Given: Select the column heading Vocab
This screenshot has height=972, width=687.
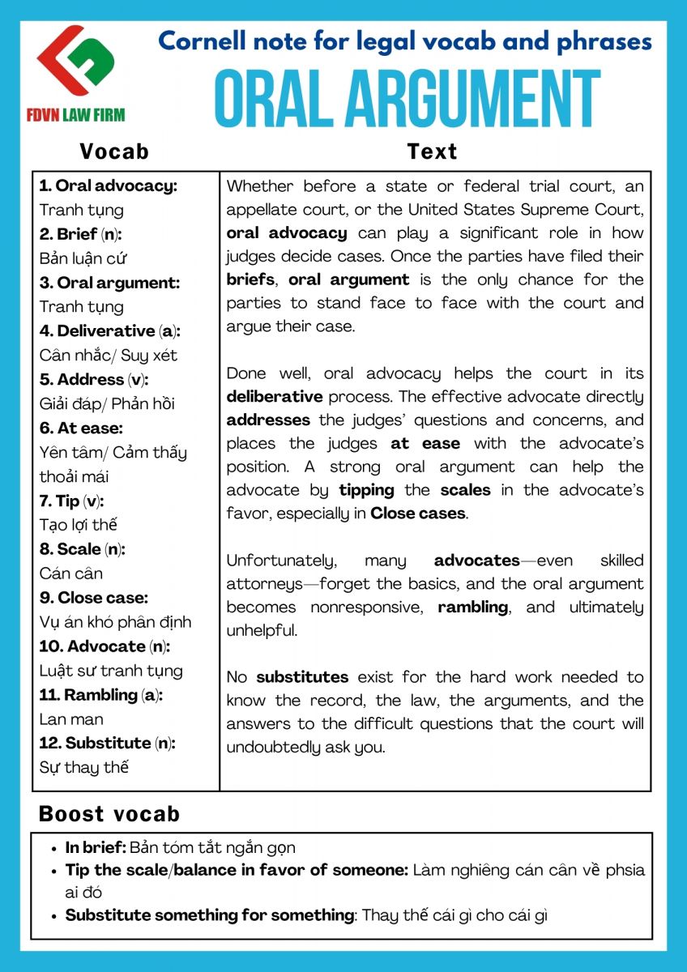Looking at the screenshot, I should pos(114,151).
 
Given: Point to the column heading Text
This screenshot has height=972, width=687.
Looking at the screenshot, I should pos(432,151).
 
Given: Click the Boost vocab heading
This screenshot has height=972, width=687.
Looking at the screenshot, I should pos(109,814).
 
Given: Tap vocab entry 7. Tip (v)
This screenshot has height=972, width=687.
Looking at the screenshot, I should pos(72,501).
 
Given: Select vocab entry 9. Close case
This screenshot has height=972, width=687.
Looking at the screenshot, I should pos(94,598).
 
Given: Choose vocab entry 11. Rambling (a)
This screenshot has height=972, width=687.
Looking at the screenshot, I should pos(101,694).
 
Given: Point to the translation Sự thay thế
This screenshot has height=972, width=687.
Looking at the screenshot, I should pos(84,767).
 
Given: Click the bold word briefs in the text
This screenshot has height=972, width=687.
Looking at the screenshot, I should pos(250,279).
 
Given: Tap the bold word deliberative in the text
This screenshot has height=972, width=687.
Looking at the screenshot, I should pos(274,397).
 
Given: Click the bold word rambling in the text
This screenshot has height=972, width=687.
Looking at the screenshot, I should pos(473,607).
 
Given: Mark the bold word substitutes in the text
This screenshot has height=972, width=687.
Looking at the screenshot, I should pos(302,676).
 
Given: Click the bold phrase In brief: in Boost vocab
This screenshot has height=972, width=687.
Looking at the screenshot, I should pos(96,848).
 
